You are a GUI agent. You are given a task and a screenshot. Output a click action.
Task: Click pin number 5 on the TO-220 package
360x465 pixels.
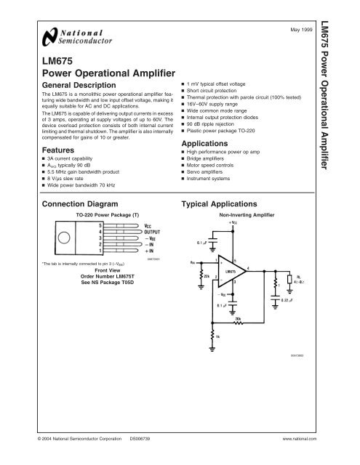[102, 226]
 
